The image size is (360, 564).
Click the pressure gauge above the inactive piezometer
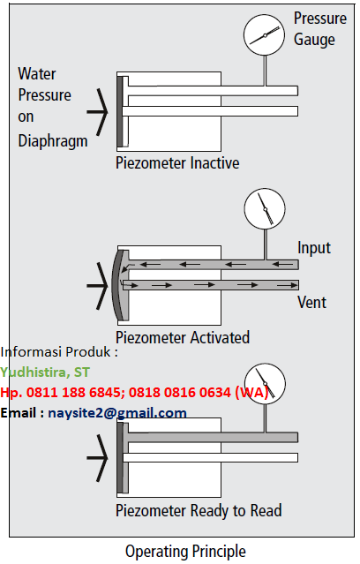tap(265, 35)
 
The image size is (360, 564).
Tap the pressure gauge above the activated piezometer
tap(265, 208)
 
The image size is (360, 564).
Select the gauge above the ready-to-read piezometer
tap(265, 383)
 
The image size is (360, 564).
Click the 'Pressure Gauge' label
tap(320, 29)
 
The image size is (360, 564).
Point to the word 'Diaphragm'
tap(53, 140)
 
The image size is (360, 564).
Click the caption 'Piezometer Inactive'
tap(177, 163)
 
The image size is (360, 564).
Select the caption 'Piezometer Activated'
tap(183, 337)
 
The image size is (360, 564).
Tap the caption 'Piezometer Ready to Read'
tap(199, 511)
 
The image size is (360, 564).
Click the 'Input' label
tap(314, 248)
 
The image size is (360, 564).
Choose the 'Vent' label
tap(311, 302)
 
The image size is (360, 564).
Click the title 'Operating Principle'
tap(185, 552)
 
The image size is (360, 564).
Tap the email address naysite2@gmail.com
tap(117, 412)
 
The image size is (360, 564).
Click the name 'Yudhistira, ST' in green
tap(45, 372)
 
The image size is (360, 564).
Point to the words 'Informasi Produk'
tap(56, 352)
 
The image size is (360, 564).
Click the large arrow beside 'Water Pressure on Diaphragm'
tap(97, 112)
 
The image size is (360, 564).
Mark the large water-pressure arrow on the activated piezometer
tap(97, 286)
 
